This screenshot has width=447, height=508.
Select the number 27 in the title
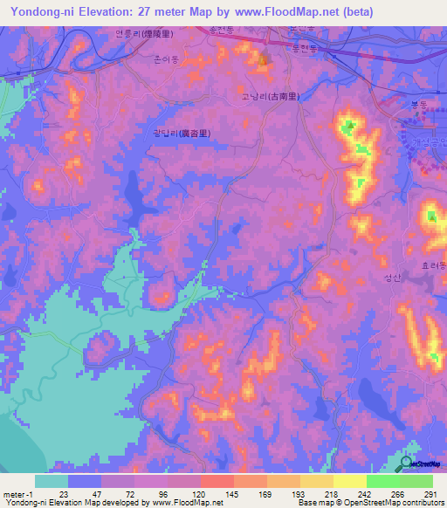tap(153, 12)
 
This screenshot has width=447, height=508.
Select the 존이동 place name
tap(166, 61)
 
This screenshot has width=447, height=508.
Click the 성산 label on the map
tap(392, 278)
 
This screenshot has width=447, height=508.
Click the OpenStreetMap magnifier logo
tap(407, 463)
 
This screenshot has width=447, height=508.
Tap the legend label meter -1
tap(19, 493)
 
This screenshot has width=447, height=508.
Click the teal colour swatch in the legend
tap(52, 481)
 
